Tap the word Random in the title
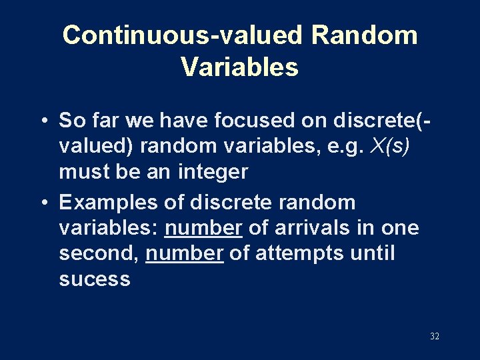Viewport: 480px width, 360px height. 364,35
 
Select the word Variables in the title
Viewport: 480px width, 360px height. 239,67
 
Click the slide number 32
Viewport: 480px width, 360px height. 434,337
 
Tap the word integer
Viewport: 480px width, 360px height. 213,172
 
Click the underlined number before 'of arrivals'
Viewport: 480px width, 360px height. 203,228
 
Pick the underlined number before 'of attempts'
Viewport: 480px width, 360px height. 185,253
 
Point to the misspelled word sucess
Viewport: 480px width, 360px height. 95,279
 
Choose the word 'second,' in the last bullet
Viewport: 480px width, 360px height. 99,253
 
